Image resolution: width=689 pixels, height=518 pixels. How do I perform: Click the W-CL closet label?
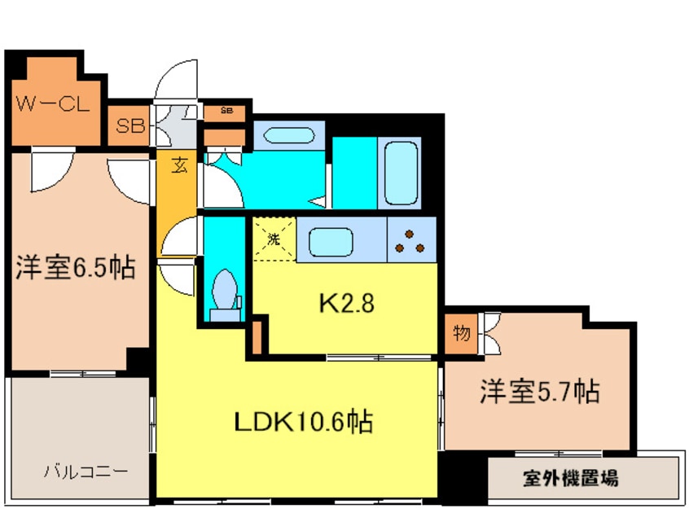[x=53, y=103]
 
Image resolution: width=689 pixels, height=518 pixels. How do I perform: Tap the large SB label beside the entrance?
[x=130, y=126]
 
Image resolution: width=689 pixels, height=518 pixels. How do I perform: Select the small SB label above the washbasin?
[x=226, y=110]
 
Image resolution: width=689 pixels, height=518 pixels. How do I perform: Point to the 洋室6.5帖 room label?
[x=76, y=266]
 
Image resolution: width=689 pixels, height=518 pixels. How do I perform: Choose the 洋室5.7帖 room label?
[x=539, y=391]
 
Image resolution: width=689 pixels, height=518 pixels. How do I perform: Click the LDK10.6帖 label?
[x=304, y=422]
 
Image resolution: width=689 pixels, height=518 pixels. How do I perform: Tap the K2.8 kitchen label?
[x=347, y=303]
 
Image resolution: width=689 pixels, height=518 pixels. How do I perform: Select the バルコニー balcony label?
[x=86, y=472]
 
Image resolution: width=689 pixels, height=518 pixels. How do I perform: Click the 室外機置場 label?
[x=570, y=477]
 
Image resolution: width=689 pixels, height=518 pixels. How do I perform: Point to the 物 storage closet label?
[x=462, y=333]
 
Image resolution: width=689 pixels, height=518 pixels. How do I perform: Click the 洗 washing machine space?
[x=274, y=239]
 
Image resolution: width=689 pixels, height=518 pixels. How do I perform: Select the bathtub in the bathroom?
[x=401, y=173]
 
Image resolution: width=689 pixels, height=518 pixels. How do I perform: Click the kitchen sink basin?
[x=331, y=242]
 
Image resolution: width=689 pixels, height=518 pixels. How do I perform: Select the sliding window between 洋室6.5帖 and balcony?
[x=83, y=374]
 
